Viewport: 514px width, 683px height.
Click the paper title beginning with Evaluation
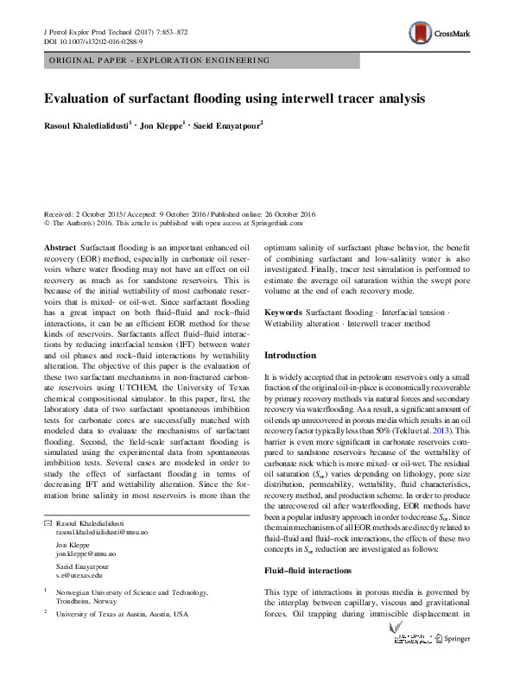tap(234, 98)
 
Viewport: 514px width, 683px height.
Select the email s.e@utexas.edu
tap(79, 574)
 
